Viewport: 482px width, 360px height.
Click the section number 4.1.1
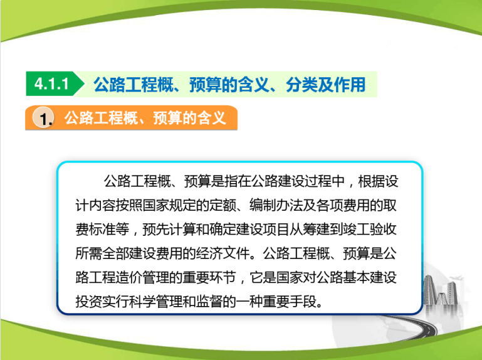click(x=51, y=84)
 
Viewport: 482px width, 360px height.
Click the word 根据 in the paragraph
click(x=372, y=181)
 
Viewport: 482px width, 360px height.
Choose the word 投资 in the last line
click(x=89, y=301)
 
